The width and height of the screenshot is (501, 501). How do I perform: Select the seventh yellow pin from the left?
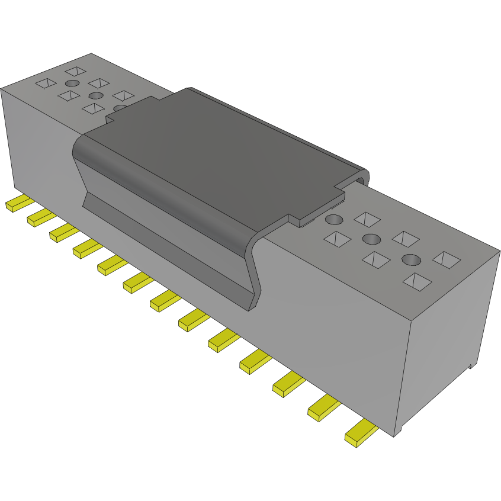164,302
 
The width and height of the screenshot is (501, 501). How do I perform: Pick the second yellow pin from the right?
323,409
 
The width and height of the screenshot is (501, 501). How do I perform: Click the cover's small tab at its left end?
111,118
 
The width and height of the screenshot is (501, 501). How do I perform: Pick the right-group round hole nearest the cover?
334,220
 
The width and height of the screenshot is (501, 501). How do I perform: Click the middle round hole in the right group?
371,239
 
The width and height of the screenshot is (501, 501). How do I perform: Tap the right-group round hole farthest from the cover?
411,259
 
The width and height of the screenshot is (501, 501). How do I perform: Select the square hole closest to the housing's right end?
446,259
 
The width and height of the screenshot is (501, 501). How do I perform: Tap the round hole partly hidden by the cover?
120,108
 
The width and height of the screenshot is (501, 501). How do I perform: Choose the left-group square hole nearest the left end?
45,83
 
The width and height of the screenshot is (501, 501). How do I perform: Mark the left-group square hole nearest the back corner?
76,71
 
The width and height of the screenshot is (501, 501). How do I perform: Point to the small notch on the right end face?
472,365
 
